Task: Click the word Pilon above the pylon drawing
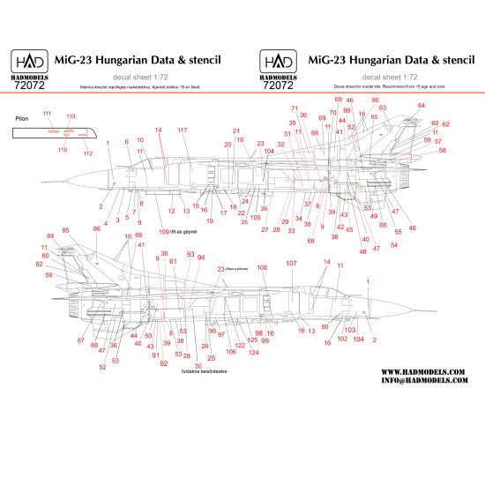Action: [x=23, y=117]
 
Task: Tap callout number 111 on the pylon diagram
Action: [x=47, y=114]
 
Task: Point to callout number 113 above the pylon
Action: [x=71, y=116]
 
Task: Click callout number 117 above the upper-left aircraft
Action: [x=183, y=130]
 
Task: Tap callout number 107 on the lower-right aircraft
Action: [x=292, y=264]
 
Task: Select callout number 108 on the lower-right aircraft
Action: [x=262, y=267]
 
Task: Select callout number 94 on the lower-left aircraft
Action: [x=201, y=257]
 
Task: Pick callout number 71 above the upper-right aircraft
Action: [x=295, y=108]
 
